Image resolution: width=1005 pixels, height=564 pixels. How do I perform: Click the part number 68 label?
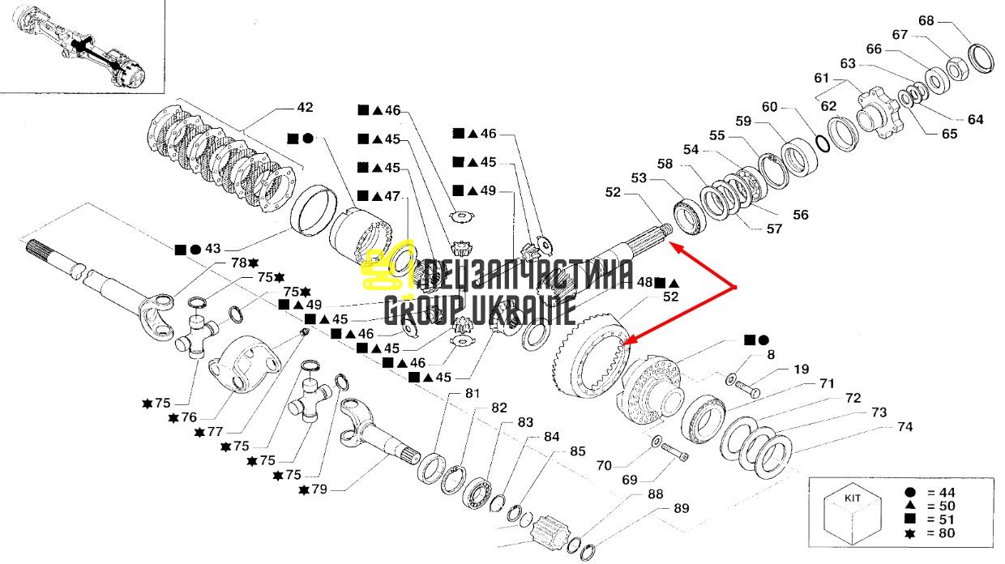926,20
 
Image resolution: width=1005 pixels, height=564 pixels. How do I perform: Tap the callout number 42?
305,107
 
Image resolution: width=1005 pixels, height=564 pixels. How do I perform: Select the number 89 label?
681,508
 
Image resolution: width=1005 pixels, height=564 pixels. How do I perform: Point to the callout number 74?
905,427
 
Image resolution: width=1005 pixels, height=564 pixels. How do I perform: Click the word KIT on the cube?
853,498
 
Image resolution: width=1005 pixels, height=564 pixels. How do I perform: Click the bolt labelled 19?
747,389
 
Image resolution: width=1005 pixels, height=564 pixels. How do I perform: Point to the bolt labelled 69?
674,453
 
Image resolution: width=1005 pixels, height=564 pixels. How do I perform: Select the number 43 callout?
212,249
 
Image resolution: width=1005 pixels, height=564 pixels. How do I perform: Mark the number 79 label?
319,489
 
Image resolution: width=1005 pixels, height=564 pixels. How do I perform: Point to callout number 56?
801,215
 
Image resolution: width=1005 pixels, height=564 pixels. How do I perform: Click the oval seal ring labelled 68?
981,58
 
